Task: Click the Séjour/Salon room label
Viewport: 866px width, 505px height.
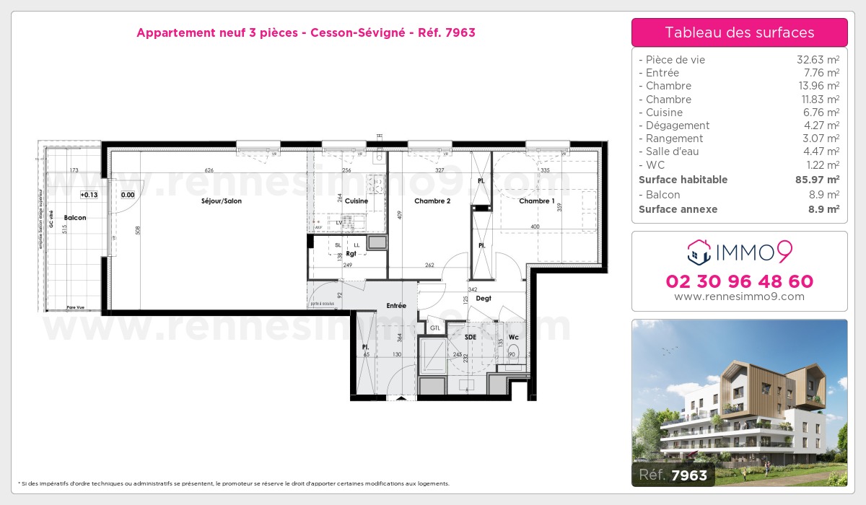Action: [x=222, y=201]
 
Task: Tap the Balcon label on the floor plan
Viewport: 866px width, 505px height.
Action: [x=74, y=218]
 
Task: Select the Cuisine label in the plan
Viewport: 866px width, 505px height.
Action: [x=356, y=201]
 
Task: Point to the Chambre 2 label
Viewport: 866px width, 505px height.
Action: [x=432, y=201]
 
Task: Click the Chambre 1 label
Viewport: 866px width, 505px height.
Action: [x=537, y=201]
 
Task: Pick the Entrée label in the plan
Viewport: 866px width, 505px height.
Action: [x=396, y=306]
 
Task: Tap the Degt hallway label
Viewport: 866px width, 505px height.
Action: [x=484, y=298]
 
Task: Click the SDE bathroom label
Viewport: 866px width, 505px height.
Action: [x=471, y=337]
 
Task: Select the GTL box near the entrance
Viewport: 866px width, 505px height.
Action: [x=435, y=328]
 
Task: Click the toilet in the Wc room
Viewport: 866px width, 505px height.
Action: [x=512, y=353]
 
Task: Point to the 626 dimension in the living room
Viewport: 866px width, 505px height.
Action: [x=209, y=170]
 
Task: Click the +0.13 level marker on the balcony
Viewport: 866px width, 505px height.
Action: [x=88, y=195]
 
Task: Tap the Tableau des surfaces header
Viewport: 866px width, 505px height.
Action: [x=739, y=32]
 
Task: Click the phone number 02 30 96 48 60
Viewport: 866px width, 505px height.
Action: [x=739, y=281]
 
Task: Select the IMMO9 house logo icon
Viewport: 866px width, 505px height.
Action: [x=699, y=252]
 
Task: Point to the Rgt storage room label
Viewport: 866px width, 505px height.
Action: [x=351, y=253]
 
